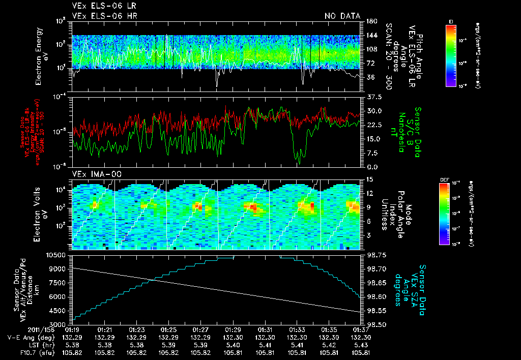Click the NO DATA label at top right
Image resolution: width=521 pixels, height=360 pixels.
[x=342, y=16]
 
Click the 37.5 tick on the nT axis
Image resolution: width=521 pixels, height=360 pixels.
[x=370, y=96]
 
